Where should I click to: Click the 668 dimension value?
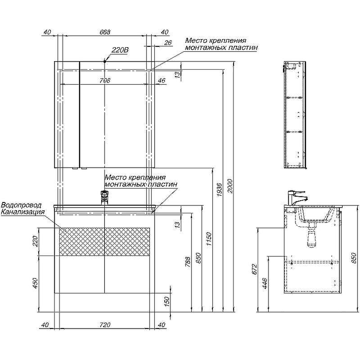(x=104, y=32)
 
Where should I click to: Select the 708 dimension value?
(x=104, y=81)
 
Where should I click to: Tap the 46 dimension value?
(x=161, y=81)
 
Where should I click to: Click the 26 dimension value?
(x=168, y=43)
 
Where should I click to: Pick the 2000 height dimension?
(x=230, y=186)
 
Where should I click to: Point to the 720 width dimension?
(x=104, y=324)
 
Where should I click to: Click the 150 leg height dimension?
(x=166, y=301)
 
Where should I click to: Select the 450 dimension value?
(x=35, y=283)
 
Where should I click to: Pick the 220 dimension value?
(x=35, y=242)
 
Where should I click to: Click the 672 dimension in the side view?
(x=254, y=270)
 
